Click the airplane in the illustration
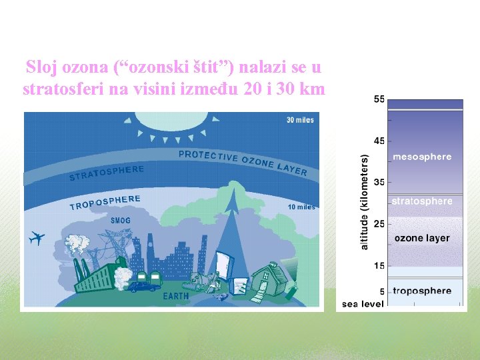pos(37,238)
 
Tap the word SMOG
pos(121,221)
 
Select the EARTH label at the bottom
pos(176,295)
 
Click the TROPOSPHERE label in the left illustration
pos(105,202)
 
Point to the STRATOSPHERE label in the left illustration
pos(107,173)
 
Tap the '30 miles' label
pos(300,120)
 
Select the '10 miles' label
pos(301,207)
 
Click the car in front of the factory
pos(141,287)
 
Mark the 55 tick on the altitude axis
pos(379,99)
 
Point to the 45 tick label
pos(379,141)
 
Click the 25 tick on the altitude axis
pos(379,224)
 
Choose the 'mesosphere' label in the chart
pos(422,157)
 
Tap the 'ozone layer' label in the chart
pos(422,238)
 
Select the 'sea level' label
pos(363,304)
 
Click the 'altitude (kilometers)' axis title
pos(364,203)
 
